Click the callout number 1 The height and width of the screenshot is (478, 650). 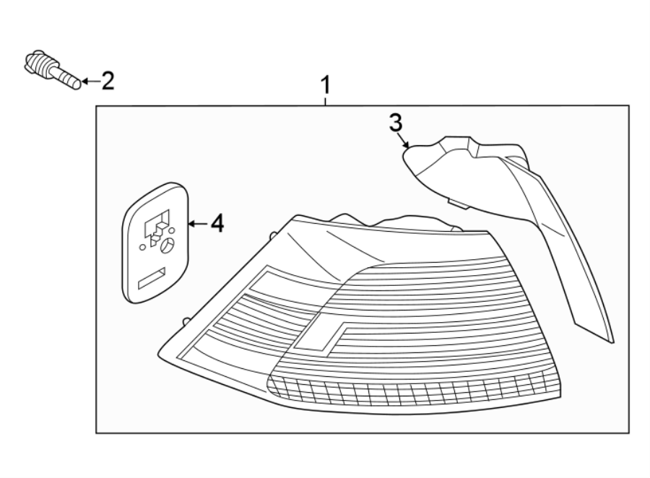pyautogui.click(x=326, y=86)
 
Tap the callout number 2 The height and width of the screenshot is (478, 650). pyautogui.click(x=107, y=81)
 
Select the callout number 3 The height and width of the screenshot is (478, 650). pyautogui.click(x=395, y=123)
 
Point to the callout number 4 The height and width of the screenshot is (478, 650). pyautogui.click(x=216, y=224)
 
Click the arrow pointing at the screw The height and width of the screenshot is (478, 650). pyautogui.click(x=88, y=82)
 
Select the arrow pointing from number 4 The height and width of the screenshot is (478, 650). pyautogui.click(x=196, y=225)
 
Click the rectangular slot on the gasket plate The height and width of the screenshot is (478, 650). pyautogui.click(x=152, y=277)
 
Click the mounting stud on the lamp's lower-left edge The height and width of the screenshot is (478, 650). pyautogui.click(x=186, y=321)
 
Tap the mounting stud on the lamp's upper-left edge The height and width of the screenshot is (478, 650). pyautogui.click(x=272, y=235)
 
